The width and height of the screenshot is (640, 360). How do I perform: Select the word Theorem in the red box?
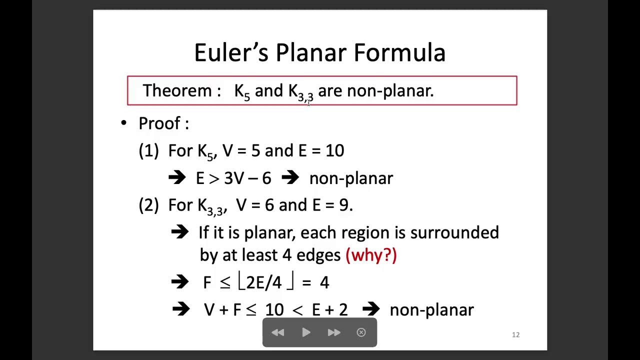click(177, 90)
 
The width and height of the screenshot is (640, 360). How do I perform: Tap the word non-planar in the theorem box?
click(390, 90)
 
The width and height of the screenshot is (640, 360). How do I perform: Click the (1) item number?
click(148, 151)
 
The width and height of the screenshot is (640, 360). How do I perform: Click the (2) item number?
click(148, 205)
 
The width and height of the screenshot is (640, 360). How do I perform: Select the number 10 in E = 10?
click(334, 151)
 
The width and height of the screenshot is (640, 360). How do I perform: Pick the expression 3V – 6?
click(247, 178)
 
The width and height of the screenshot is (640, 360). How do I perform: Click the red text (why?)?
click(371, 255)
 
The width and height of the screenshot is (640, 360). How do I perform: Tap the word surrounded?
click(454, 232)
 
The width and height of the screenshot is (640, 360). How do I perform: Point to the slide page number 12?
click(516, 335)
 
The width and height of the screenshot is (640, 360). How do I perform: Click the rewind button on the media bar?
click(278, 332)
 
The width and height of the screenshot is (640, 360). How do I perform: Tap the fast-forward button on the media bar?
click(334, 332)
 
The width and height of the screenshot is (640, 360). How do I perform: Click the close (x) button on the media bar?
click(361, 332)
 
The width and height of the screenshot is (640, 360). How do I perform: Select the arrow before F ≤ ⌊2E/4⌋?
click(180, 282)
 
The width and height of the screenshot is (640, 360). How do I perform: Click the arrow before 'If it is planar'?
click(180, 232)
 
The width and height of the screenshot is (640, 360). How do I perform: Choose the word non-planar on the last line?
click(431, 310)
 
